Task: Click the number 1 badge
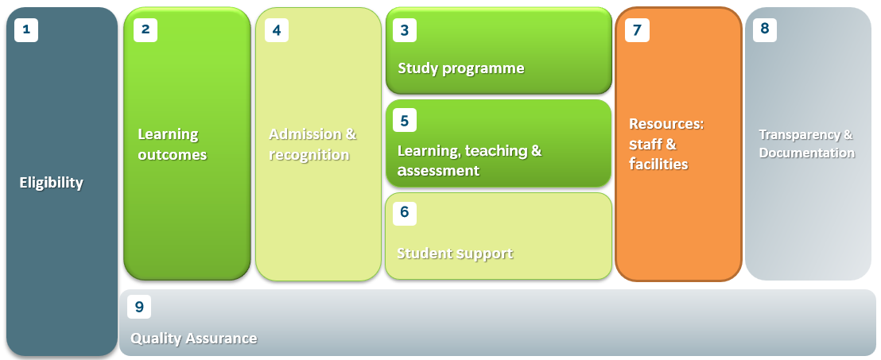(26, 29)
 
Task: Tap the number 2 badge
(146, 29)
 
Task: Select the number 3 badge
(405, 30)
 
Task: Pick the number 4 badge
(277, 30)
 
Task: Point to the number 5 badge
(405, 120)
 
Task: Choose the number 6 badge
(405, 213)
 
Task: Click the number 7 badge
(637, 30)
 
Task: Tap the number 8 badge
(765, 29)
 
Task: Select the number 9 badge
(139, 307)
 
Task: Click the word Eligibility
(51, 183)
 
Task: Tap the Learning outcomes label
(173, 145)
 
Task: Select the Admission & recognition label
(312, 145)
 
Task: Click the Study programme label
(461, 68)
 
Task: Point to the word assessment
(438, 171)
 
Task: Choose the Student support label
(455, 254)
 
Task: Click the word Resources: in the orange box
(666, 123)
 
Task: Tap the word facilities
(658, 164)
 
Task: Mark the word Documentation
(807, 153)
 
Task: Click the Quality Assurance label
(194, 339)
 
